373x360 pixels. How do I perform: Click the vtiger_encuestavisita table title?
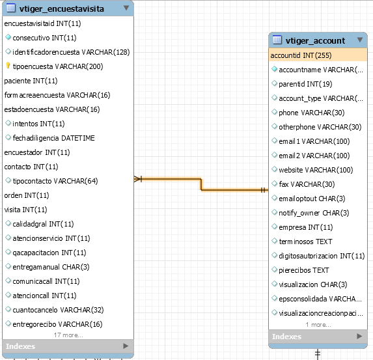point(62,9)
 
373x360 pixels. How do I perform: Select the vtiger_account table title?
point(315,41)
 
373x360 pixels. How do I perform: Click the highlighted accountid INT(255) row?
point(318,55)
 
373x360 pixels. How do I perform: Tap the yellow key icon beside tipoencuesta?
point(8,66)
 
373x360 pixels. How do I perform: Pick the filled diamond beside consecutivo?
point(8,37)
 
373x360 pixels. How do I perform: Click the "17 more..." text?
point(68,335)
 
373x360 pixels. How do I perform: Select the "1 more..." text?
point(318,325)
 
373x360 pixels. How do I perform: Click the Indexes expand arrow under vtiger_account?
point(359,336)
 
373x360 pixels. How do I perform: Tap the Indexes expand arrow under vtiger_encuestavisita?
point(126,346)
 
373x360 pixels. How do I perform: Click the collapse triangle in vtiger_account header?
point(360,40)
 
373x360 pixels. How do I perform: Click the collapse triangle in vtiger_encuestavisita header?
point(126,8)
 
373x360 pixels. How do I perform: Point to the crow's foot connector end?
point(138,179)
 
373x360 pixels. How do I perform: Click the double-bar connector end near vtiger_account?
point(263,190)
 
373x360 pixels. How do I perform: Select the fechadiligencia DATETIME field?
point(53,138)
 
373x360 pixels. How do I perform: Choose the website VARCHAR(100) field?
point(316,170)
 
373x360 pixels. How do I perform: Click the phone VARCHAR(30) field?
point(311,113)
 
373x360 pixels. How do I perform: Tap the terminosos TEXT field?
point(305,242)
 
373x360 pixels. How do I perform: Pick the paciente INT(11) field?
point(31,81)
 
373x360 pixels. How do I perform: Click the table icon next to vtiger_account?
point(277,40)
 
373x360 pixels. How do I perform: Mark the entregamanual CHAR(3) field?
point(51,267)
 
